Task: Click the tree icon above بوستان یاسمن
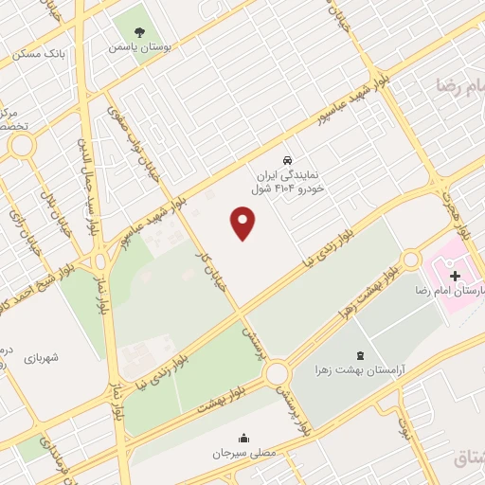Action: click(138, 30)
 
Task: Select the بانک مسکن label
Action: click(41, 53)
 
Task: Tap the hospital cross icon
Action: click(456, 276)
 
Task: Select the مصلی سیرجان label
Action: click(245, 454)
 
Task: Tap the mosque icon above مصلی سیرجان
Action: click(245, 438)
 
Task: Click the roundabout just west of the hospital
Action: click(411, 259)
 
